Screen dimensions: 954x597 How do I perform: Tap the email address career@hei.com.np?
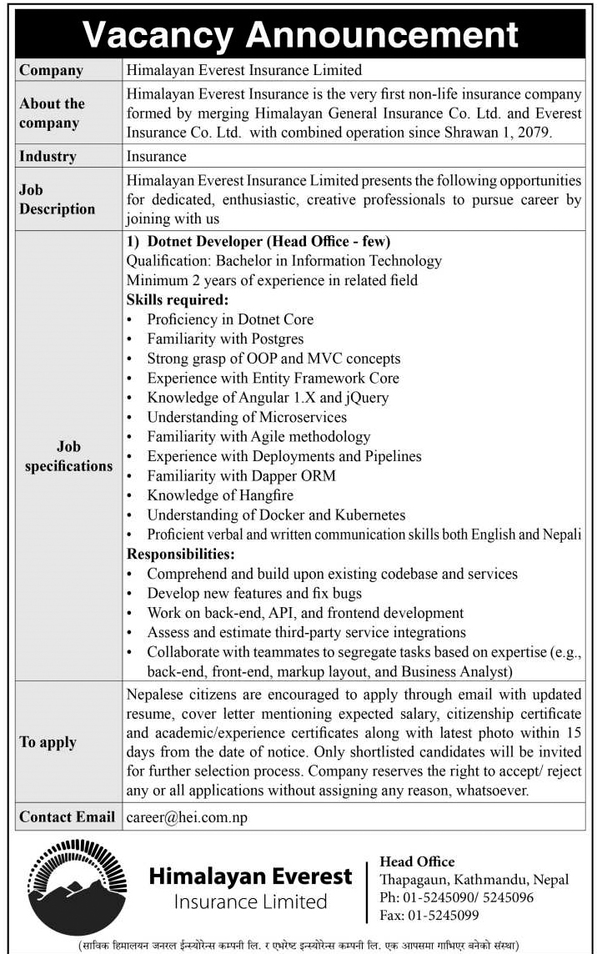188,818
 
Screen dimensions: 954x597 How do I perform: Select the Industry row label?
48,156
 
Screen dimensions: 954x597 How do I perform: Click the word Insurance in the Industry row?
157,156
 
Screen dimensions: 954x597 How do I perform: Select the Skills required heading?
178,299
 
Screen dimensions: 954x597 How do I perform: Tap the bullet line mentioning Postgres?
225,339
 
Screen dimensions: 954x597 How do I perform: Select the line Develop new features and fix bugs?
254,594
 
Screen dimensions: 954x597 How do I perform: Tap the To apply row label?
48,742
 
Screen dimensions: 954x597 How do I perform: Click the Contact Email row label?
67,817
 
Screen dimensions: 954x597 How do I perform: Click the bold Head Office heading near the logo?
417,861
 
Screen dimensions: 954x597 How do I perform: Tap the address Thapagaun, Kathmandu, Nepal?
474,880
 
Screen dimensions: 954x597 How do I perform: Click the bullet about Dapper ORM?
242,476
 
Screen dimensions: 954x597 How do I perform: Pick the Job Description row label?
57,199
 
